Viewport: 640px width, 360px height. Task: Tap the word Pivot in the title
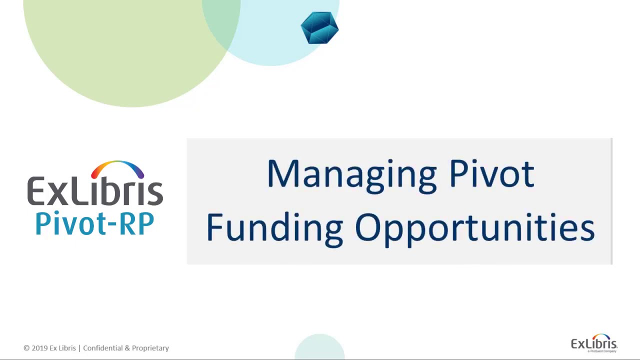[x=491, y=173]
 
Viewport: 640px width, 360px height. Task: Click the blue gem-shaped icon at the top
[x=319, y=28]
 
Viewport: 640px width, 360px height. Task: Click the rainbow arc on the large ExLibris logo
[x=117, y=168]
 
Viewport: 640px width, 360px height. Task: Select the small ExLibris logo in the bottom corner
[x=594, y=343]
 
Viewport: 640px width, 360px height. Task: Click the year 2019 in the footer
[x=39, y=348]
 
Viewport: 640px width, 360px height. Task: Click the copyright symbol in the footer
[x=26, y=348]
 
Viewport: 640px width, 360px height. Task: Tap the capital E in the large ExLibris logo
[x=37, y=190]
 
